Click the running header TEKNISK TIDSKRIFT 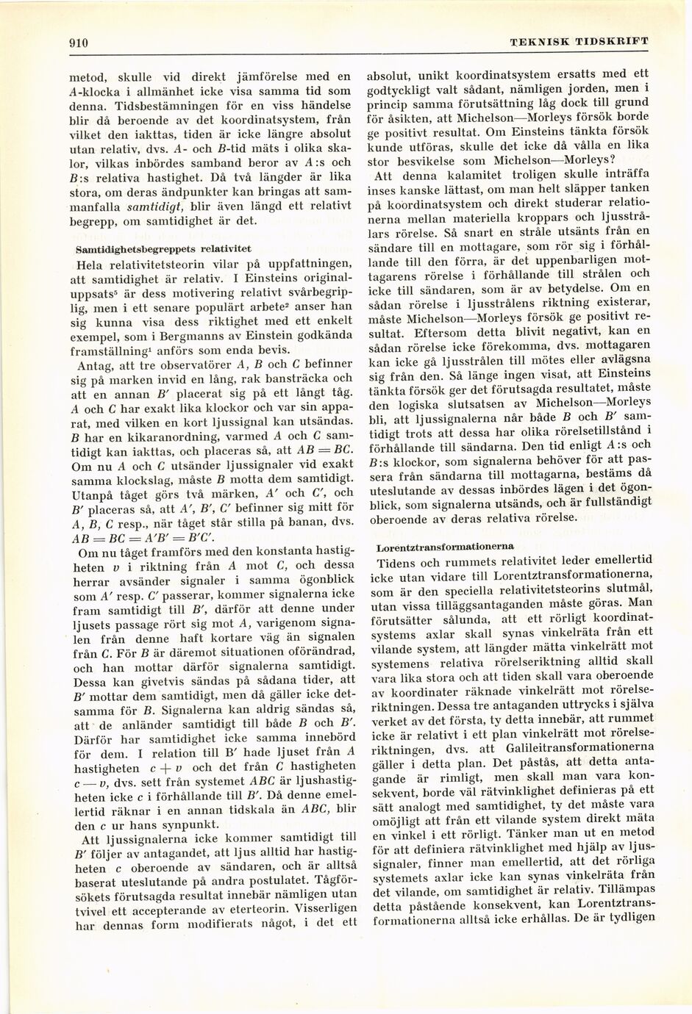pyautogui.click(x=579, y=42)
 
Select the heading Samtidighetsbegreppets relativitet pyautogui.click(x=163, y=249)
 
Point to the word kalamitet pyautogui.click(x=451, y=176)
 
